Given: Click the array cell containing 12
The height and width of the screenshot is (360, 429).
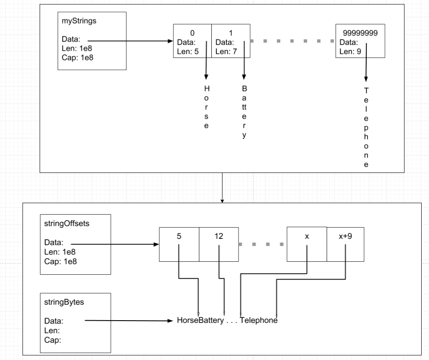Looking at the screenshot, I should click(219, 244).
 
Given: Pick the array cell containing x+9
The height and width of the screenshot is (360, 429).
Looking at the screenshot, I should click(345, 244).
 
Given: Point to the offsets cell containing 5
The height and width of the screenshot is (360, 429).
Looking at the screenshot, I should click(179, 244).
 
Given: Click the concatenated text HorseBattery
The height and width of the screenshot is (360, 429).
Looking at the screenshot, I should click(200, 321).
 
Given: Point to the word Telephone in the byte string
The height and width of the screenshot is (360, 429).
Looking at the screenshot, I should click(258, 321).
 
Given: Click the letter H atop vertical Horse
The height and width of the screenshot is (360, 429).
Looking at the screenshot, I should click(206, 88).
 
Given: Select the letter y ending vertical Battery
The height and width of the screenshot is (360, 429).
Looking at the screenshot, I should click(244, 135).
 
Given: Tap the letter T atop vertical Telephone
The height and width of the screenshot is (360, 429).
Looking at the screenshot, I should click(366, 90).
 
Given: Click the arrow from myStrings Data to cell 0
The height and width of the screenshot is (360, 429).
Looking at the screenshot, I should click(130, 42).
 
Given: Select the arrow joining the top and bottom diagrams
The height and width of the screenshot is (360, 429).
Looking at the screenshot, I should click(222, 187).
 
